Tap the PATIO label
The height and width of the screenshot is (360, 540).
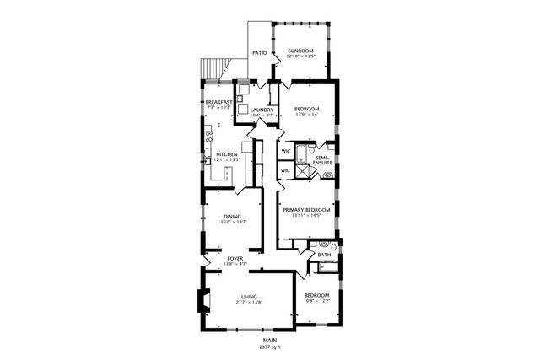(x=260, y=54)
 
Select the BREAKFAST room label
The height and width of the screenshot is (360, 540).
(x=219, y=102)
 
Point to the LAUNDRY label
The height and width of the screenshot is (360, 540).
(x=262, y=110)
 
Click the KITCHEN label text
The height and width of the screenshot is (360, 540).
(x=226, y=154)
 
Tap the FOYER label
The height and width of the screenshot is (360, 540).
(x=235, y=258)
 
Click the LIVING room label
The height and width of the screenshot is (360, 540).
(x=249, y=297)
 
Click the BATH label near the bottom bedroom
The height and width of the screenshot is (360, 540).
(x=324, y=254)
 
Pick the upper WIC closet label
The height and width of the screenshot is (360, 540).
(x=286, y=152)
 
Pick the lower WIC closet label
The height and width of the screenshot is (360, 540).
(x=286, y=170)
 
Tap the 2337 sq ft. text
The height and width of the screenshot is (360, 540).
(x=269, y=347)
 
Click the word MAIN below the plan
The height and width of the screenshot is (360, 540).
(x=269, y=340)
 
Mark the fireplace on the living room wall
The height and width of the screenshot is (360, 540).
(x=201, y=301)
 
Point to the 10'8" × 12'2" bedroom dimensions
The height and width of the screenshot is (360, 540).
(x=316, y=301)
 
